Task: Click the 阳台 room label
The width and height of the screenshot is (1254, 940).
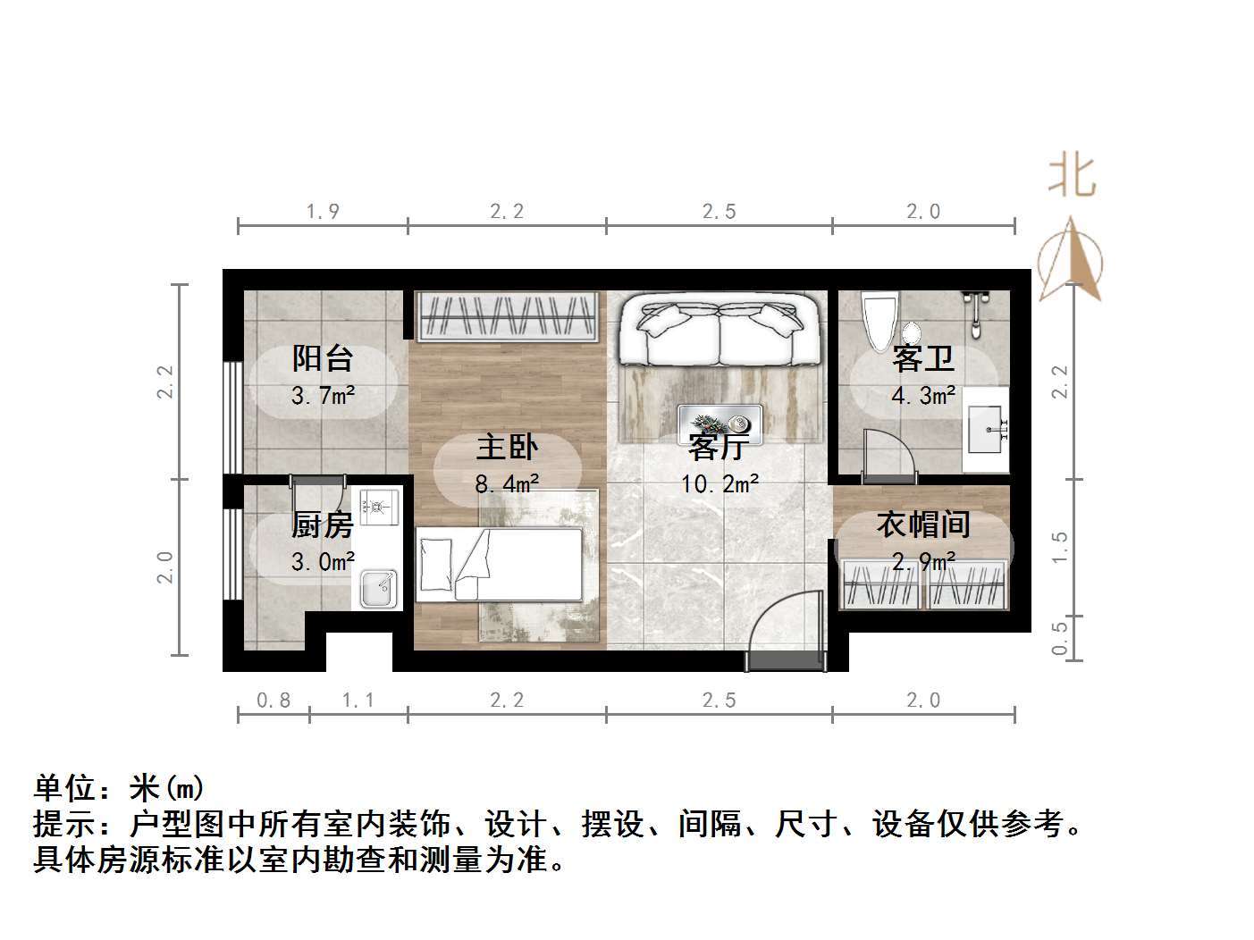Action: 323,359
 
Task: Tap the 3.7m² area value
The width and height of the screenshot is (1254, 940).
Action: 323,395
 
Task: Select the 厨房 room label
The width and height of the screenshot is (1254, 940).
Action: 322,525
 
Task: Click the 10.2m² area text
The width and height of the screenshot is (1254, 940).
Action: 720,485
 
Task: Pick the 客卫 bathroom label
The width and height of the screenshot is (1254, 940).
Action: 922,359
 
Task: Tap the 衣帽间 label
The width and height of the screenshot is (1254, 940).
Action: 922,525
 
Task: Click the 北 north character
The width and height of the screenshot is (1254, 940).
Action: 1072,175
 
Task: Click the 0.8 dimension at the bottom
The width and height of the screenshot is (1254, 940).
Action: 274,701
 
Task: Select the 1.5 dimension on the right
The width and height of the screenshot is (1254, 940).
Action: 1060,546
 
